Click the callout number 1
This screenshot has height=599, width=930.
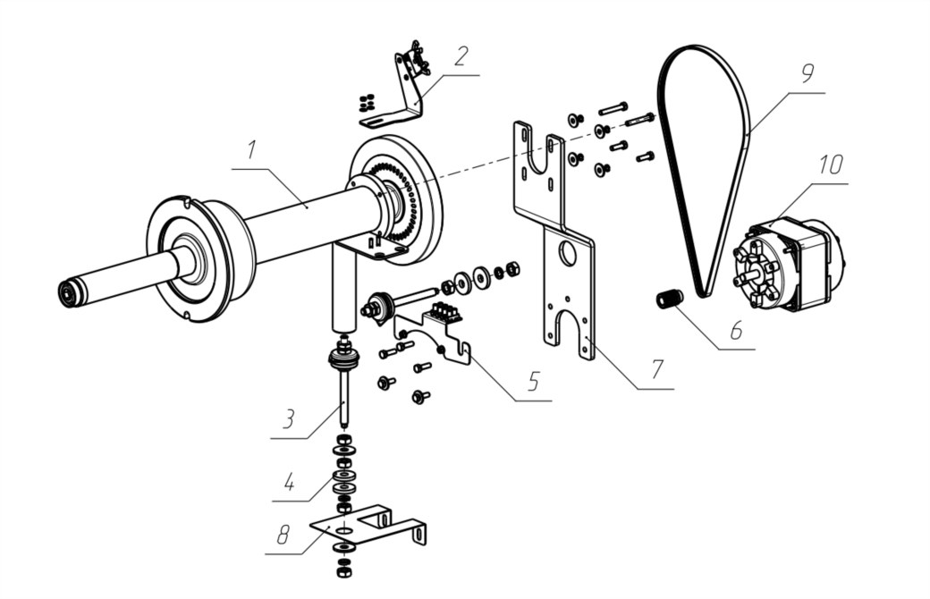click(251, 150)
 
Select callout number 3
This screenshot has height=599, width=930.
click(288, 419)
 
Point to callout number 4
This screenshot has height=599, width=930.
click(289, 483)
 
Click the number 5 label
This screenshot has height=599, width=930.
click(533, 382)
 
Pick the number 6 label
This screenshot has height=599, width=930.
click(736, 330)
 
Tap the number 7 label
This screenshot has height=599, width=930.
click(656, 369)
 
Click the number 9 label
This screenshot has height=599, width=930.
click(807, 73)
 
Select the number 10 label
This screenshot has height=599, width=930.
click(831, 165)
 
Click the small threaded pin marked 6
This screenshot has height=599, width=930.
click(669, 298)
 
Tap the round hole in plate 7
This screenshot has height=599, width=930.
click(567, 253)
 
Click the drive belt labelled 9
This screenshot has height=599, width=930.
click(748, 131)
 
